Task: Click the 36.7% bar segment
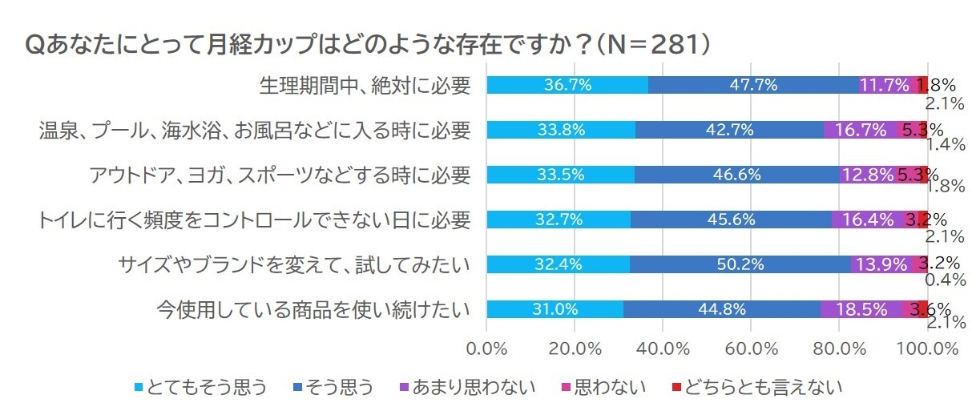(x=567, y=85)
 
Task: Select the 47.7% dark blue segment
(x=753, y=85)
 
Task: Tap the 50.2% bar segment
(x=740, y=264)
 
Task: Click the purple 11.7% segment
(x=885, y=85)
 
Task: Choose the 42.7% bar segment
(x=729, y=130)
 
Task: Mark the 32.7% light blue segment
(x=559, y=220)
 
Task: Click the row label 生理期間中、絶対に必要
(x=365, y=86)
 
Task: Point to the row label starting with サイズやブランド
(x=292, y=264)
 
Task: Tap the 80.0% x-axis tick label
(x=839, y=349)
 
